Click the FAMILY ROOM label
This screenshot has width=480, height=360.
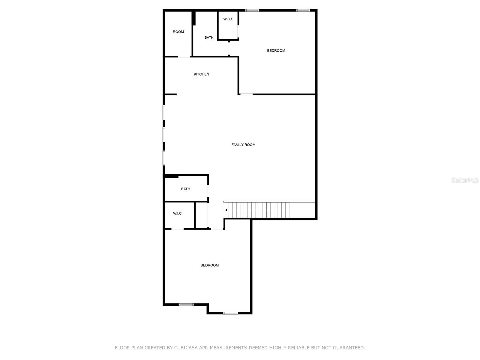[243, 145]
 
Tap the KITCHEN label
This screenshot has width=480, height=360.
[201, 74]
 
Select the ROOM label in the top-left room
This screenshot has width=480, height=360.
[178, 32]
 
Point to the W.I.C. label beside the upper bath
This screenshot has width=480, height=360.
[228, 19]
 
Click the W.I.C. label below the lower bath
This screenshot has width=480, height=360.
[178, 214]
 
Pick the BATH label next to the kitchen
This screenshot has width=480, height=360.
[209, 38]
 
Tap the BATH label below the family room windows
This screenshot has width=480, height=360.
[185, 189]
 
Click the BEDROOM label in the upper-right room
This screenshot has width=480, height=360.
[276, 51]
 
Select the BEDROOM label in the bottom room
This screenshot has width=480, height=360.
[210, 265]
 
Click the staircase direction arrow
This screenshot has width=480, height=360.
[226, 210]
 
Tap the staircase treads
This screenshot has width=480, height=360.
[258, 210]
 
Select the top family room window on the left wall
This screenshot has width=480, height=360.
[164, 112]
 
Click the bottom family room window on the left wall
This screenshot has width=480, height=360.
[164, 157]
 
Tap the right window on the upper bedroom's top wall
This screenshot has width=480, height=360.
[303, 10]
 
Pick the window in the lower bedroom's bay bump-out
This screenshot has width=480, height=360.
[230, 313]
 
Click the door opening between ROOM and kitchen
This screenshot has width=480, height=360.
[184, 57]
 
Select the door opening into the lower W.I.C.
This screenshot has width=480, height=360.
[177, 229]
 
